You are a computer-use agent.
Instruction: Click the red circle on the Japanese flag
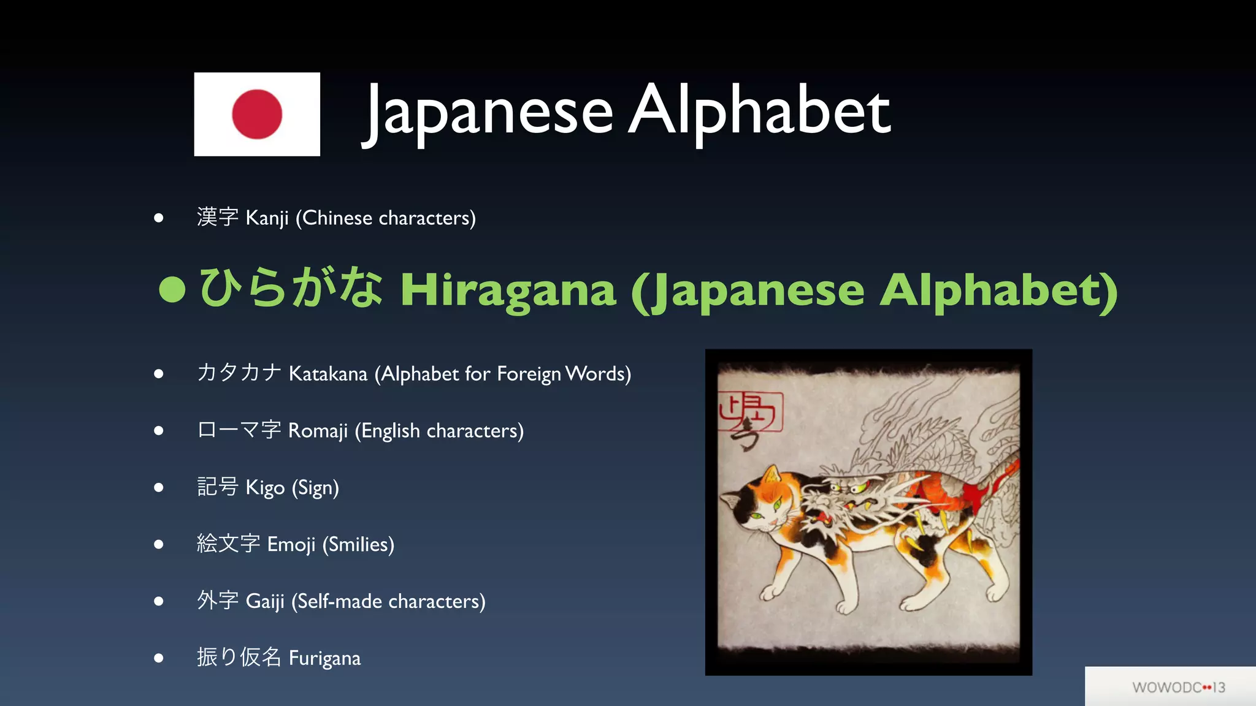click(x=257, y=114)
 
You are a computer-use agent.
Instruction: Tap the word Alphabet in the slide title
click(x=759, y=110)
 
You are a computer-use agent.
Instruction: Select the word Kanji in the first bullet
click(x=267, y=218)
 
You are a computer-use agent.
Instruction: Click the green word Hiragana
click(x=508, y=290)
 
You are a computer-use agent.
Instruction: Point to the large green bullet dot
click(x=172, y=289)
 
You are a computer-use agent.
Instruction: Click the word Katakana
click(x=328, y=373)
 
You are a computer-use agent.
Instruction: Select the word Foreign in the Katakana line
click(x=529, y=374)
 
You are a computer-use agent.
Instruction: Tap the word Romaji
click(x=318, y=431)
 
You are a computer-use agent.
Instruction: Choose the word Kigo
click(x=265, y=488)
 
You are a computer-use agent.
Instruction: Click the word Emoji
click(x=291, y=545)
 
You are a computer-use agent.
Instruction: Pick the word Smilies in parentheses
click(x=358, y=545)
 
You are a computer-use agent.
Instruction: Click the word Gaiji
click(x=265, y=601)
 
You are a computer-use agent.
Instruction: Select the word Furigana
click(x=324, y=658)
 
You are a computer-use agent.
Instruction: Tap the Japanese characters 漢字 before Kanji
click(x=218, y=217)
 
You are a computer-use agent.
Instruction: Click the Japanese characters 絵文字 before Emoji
click(x=228, y=544)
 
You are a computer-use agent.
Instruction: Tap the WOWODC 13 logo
click(x=1178, y=688)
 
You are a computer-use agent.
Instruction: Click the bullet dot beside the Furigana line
click(x=159, y=658)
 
